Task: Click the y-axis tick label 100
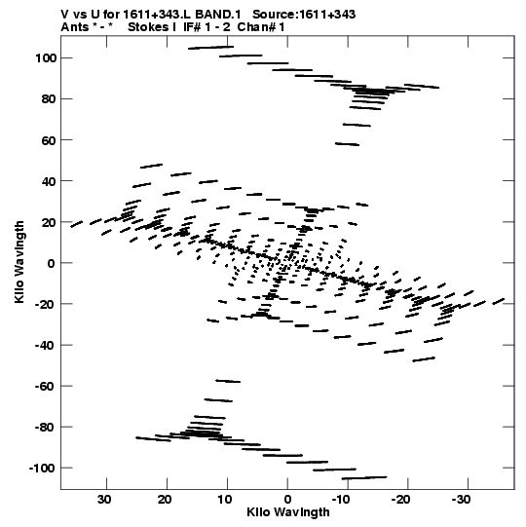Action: tap(46, 58)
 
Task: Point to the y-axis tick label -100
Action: tap(42, 468)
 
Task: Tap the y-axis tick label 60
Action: tap(49, 140)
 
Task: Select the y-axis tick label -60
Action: tap(45, 386)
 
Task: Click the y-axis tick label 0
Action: tap(51, 263)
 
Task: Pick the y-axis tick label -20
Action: tap(45, 304)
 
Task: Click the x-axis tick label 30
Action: tap(104, 500)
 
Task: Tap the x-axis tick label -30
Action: tap(461, 500)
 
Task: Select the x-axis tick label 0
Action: tap(287, 500)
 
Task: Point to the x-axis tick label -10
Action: tap(341, 500)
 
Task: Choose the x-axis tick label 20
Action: tap(165, 500)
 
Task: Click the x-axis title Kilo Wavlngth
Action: tap(288, 512)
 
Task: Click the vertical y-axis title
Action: tap(19, 262)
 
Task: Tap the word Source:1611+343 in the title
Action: tap(304, 15)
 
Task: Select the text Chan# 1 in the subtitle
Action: tap(261, 27)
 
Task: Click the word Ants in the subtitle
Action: tap(74, 27)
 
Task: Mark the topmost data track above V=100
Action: tap(210, 48)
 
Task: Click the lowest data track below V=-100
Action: tap(364, 477)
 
